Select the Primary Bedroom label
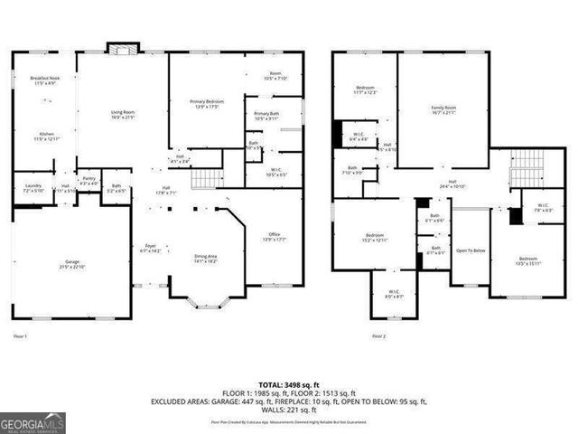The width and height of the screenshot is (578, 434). (207, 103)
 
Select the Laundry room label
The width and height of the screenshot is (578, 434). (33, 187)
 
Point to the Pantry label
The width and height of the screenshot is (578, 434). (89, 181)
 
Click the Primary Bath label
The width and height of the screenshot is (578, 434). (266, 116)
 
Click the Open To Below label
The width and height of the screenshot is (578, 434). (470, 250)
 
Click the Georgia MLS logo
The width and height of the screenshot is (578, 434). (31, 421)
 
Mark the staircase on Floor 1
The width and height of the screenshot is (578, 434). (209, 176)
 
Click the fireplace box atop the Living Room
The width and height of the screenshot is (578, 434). (119, 48)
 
